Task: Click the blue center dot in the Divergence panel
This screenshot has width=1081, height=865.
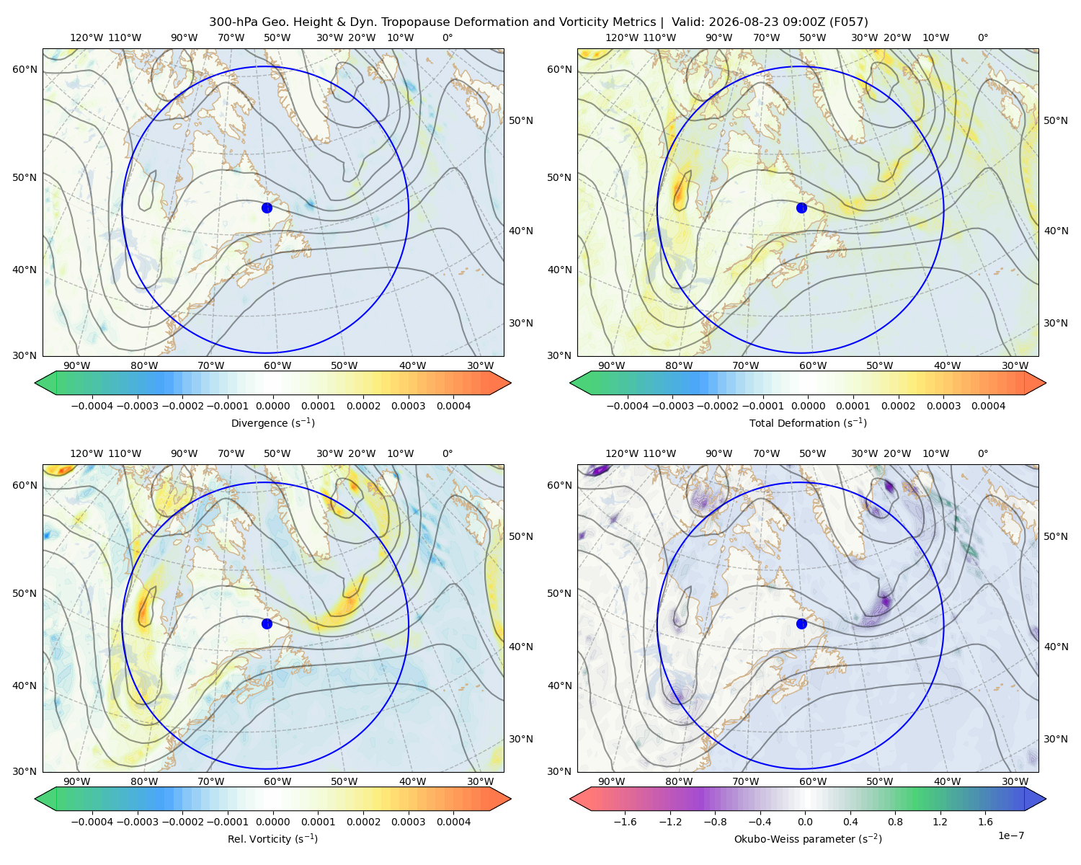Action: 267,208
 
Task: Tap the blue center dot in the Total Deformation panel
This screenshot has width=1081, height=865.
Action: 801,208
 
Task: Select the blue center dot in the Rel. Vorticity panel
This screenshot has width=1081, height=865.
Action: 267,624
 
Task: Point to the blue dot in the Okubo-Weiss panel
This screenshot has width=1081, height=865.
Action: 801,624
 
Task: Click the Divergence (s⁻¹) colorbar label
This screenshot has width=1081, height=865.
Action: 272,423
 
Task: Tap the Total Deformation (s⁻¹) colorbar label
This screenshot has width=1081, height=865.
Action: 808,423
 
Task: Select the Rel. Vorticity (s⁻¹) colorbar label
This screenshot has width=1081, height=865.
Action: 272,839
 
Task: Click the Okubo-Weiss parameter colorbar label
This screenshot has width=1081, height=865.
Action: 808,839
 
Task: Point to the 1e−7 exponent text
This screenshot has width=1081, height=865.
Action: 1010,835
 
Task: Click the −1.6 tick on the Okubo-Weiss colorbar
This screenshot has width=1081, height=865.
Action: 626,822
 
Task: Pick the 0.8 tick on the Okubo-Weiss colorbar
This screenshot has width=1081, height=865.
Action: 895,822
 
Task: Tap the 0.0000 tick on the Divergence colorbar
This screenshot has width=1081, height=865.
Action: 272,406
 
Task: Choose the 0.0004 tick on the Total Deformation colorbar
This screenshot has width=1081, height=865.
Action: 989,406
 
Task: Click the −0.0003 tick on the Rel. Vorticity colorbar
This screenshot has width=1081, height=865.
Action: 137,822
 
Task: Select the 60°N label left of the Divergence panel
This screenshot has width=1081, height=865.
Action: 25,69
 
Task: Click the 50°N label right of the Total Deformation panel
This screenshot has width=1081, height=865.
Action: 1055,120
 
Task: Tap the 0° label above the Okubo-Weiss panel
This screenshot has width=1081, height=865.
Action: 982,453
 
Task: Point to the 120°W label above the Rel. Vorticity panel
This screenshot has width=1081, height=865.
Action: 86,453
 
